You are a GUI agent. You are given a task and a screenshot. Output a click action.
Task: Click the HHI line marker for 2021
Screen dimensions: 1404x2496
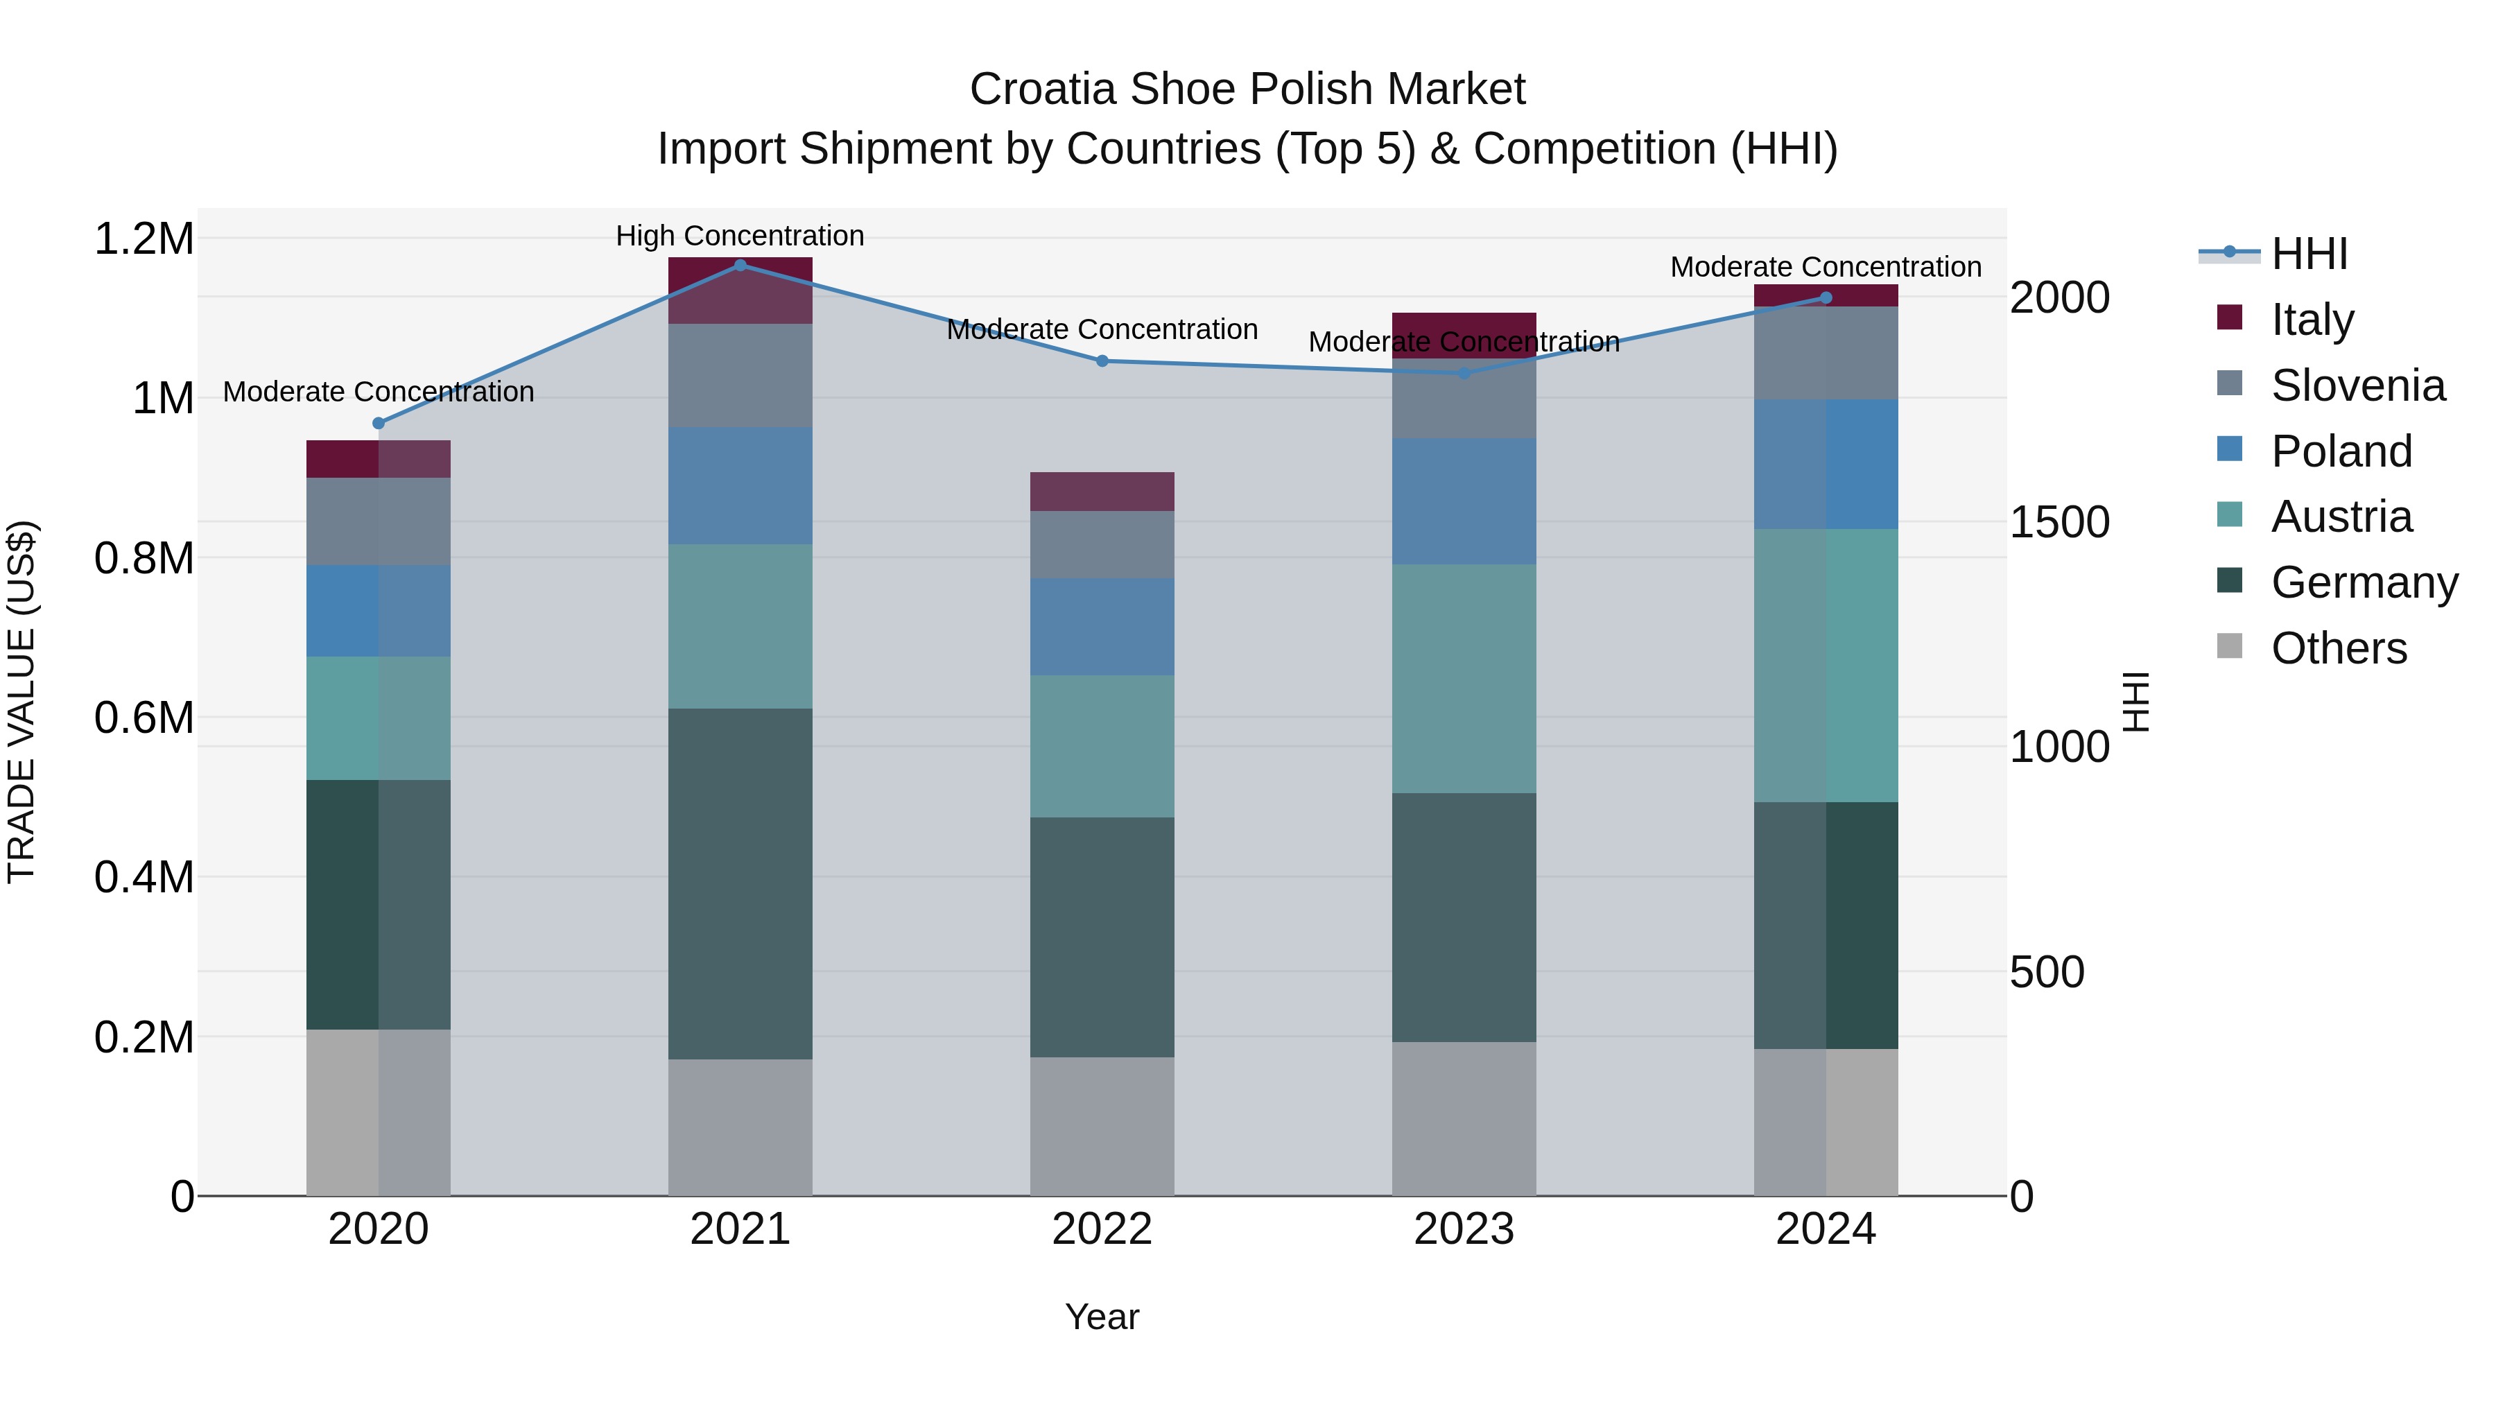[740, 265]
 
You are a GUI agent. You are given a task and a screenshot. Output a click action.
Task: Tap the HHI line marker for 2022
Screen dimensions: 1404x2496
[1102, 361]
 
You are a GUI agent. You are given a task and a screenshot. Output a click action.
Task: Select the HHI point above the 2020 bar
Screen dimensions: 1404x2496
[379, 424]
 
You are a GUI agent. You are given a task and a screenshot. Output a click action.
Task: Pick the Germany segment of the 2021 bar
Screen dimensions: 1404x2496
[740, 884]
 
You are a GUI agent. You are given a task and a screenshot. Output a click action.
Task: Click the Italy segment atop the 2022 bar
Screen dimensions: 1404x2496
[1102, 492]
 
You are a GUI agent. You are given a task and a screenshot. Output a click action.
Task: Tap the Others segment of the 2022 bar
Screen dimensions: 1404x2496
[1102, 1126]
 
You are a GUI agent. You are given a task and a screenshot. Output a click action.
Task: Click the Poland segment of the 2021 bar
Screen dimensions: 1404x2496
[740, 485]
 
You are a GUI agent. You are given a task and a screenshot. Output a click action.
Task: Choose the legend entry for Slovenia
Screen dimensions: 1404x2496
[2357, 385]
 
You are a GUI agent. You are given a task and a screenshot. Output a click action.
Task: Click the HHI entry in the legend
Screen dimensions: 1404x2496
[2309, 254]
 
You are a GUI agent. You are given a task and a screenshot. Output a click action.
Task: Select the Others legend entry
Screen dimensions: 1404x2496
[2338, 648]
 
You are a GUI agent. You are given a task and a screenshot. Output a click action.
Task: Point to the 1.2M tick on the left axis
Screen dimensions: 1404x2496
[144, 239]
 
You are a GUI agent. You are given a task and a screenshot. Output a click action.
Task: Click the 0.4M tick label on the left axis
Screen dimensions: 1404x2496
[144, 877]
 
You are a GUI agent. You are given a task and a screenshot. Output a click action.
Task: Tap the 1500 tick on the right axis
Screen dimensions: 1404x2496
[2059, 522]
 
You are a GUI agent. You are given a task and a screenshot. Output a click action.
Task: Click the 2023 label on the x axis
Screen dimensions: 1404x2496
[1464, 1229]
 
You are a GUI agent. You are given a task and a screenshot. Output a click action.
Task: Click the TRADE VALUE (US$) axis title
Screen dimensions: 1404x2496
[21, 702]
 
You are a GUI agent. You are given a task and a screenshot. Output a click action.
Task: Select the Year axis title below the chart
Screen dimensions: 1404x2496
[1102, 1317]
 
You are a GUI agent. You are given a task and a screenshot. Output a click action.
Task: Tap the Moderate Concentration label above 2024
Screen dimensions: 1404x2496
[1826, 266]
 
